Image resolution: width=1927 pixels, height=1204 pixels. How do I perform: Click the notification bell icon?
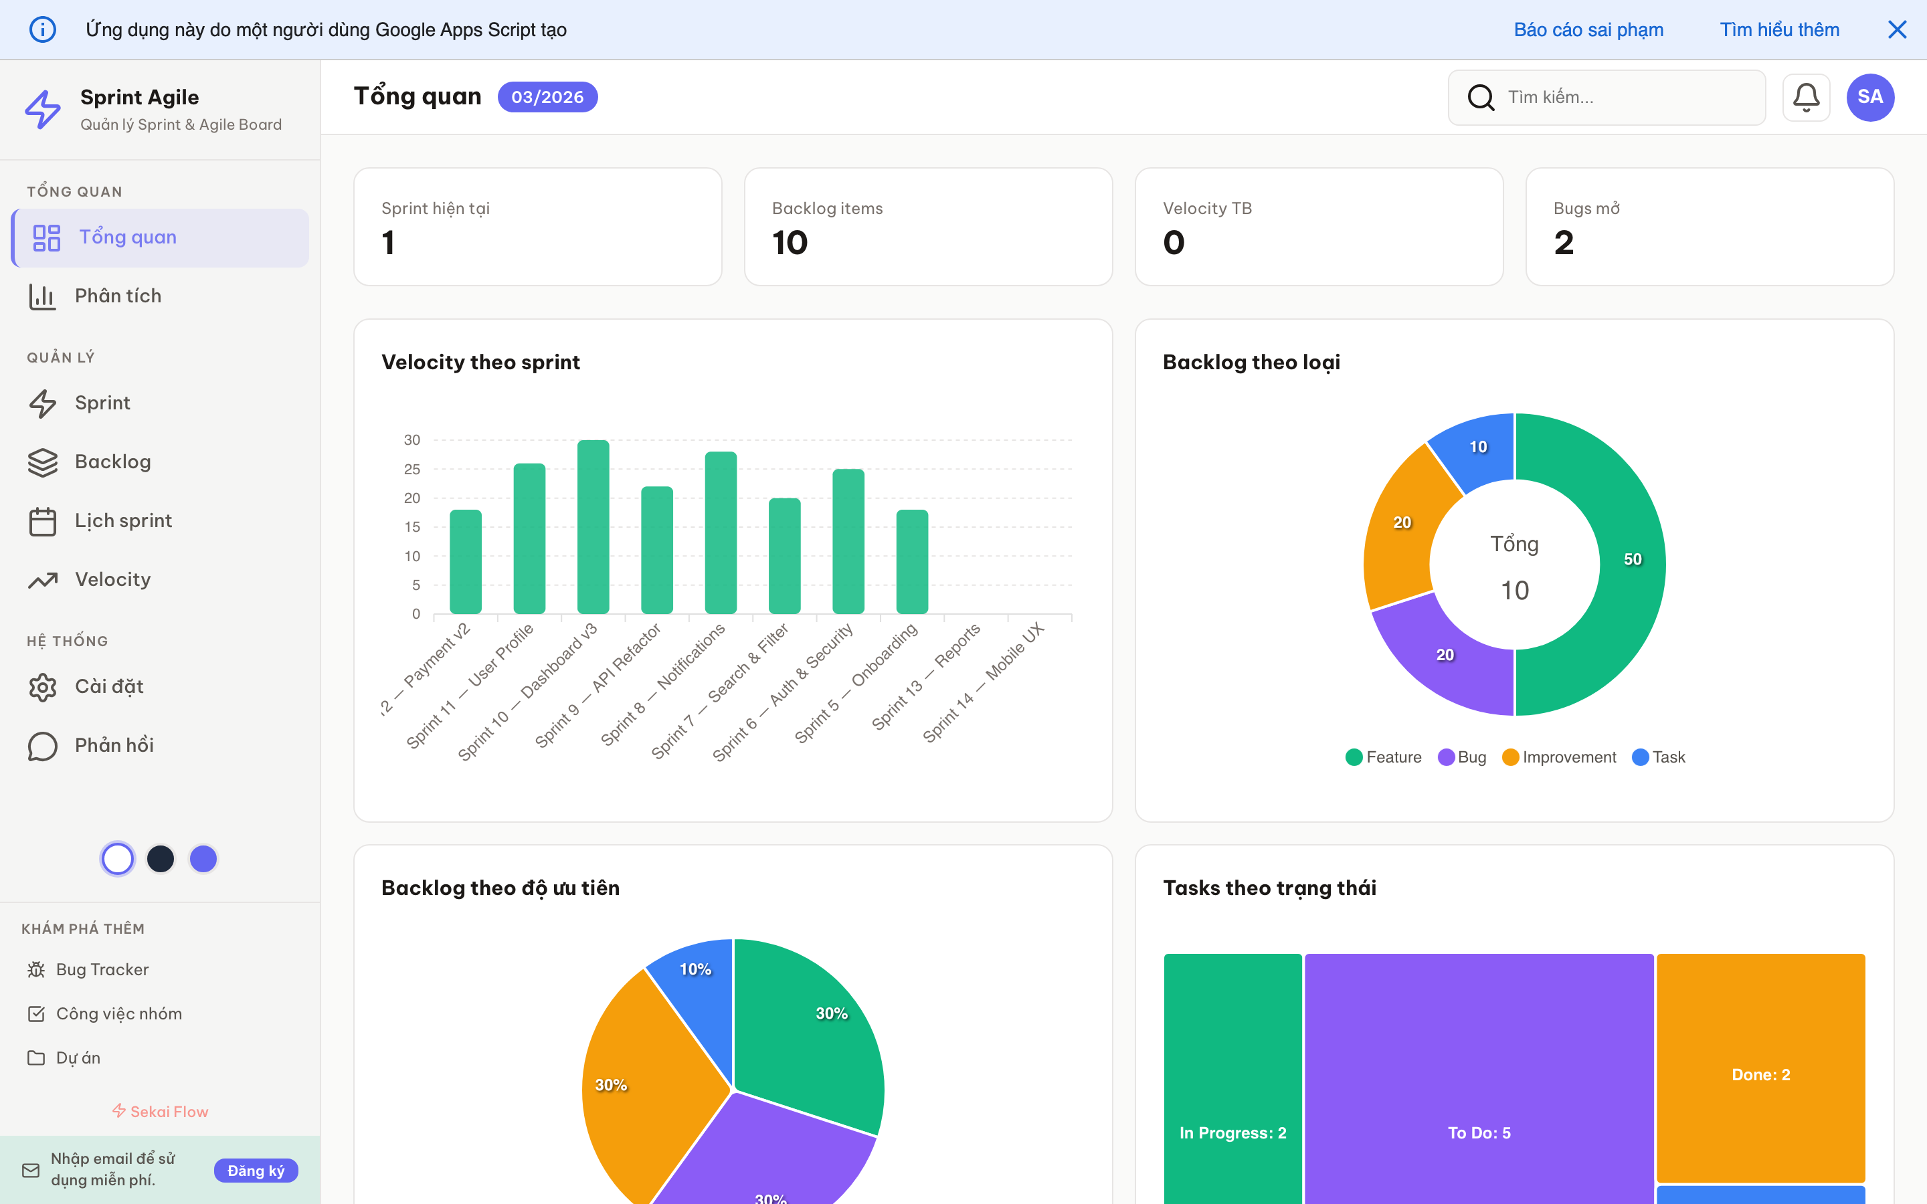click(x=1805, y=97)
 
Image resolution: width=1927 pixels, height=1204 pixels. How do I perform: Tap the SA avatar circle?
click(x=1869, y=97)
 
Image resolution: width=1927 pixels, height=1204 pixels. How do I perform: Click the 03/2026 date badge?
click(x=547, y=97)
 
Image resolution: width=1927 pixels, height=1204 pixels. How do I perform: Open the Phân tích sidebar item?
click(x=118, y=296)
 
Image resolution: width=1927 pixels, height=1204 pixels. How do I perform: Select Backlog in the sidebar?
click(x=112, y=462)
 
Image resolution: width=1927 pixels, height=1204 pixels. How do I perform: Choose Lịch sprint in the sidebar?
click(x=122, y=521)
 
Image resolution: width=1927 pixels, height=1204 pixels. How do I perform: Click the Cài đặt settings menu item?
click(x=108, y=686)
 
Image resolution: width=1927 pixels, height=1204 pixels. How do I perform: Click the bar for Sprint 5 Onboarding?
click(x=912, y=562)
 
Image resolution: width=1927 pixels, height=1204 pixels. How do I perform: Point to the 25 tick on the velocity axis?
click(x=411, y=469)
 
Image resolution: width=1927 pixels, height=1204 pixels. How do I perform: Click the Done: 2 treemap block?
click(x=1760, y=1074)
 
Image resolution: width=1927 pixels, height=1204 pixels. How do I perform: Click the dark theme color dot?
click(x=161, y=858)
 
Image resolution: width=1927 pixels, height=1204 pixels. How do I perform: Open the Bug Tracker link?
click(x=102, y=969)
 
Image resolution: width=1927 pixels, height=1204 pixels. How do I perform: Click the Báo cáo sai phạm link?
click(x=1588, y=29)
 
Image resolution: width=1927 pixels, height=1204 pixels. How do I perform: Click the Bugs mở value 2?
click(x=1563, y=243)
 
